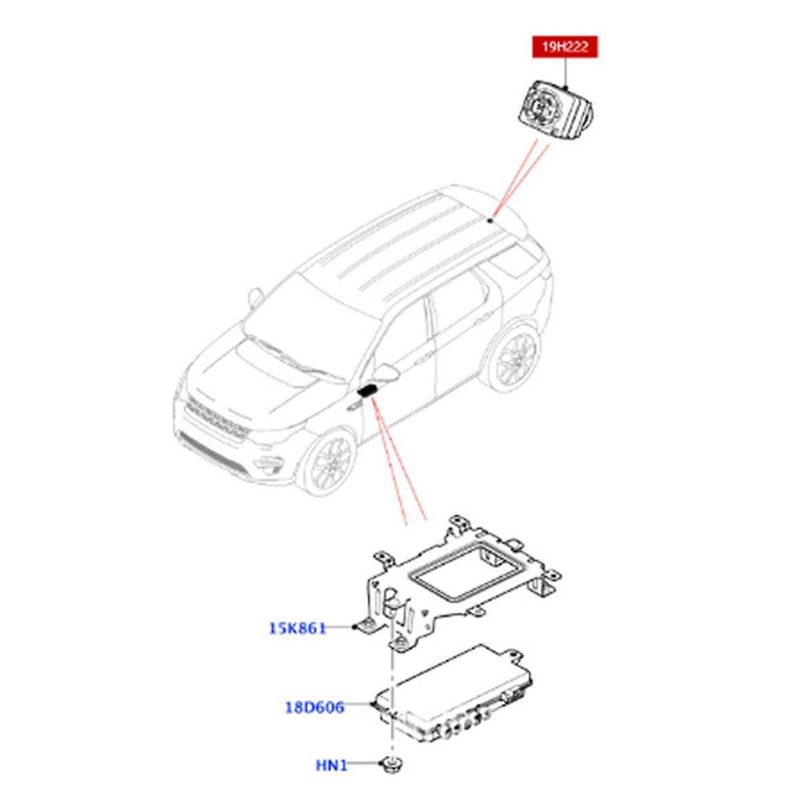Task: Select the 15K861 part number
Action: coord(297,627)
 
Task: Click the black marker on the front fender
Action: coord(367,391)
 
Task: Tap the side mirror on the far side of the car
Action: coord(255,295)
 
